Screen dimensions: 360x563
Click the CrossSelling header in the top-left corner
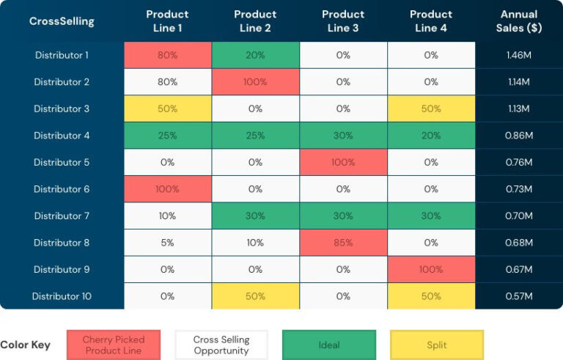(x=62, y=21)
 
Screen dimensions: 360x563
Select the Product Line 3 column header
(x=343, y=21)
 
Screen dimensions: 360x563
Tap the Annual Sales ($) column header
(x=519, y=21)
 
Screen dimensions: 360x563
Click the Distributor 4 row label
(x=62, y=136)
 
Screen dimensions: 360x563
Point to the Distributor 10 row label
(x=62, y=296)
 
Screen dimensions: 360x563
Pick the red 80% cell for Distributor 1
(x=167, y=55)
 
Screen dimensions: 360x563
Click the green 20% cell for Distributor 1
(x=255, y=55)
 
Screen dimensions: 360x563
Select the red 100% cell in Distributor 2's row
(x=255, y=82)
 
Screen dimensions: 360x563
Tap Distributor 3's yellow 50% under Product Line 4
(x=431, y=109)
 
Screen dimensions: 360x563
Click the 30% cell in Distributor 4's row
(x=343, y=136)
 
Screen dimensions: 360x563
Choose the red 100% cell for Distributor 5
(x=343, y=162)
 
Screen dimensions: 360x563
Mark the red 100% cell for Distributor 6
(x=167, y=189)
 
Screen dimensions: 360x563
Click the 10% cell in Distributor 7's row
(x=167, y=216)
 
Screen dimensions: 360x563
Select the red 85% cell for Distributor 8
(x=343, y=243)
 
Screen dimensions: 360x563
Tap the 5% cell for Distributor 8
(x=167, y=243)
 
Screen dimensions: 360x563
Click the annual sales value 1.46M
(x=519, y=55)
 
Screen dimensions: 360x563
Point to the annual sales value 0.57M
(x=519, y=296)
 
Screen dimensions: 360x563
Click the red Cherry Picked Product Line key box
(x=113, y=345)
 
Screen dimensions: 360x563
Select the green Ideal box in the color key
(x=329, y=345)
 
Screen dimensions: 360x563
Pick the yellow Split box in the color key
(x=437, y=345)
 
